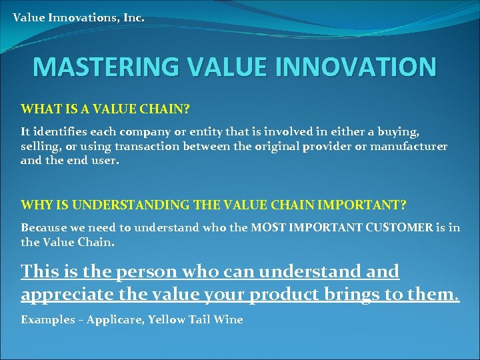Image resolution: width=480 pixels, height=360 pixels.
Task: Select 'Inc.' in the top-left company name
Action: pos(133,17)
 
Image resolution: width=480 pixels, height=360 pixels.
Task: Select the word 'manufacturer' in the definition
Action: pos(409,146)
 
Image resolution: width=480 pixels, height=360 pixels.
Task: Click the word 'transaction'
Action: pos(165,146)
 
